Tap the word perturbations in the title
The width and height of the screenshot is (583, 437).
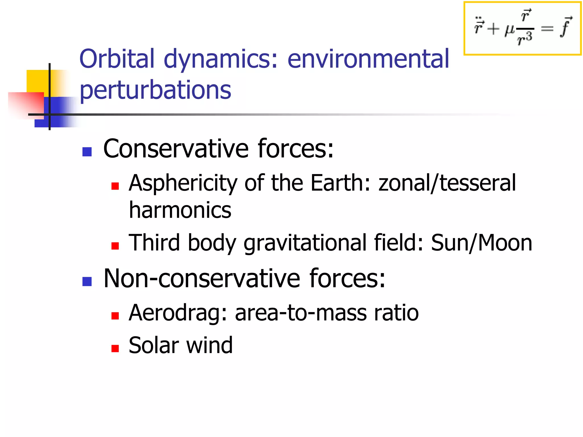click(155, 90)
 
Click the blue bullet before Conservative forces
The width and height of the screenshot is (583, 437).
click(87, 152)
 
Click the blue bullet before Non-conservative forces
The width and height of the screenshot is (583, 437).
click(87, 281)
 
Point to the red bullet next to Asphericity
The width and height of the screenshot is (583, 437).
click(115, 186)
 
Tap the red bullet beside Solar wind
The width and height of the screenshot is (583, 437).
click(115, 349)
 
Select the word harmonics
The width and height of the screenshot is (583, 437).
click(180, 210)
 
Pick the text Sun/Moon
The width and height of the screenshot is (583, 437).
click(481, 243)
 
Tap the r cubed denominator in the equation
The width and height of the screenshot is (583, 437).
click(524, 39)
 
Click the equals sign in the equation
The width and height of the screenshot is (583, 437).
click(547, 28)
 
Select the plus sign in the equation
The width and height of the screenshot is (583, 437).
click(493, 29)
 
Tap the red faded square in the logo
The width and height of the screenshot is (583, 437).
click(26, 104)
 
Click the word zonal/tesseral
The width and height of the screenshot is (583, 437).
click(447, 184)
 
